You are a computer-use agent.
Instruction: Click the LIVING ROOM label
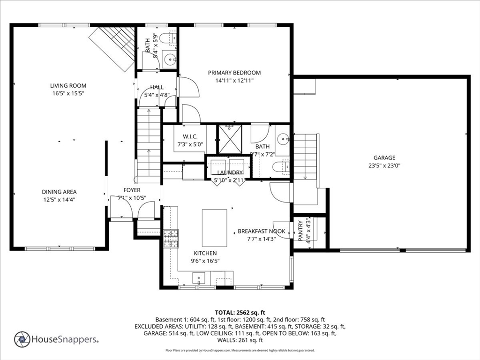(x=68, y=86)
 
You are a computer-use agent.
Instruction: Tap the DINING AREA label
(x=59, y=192)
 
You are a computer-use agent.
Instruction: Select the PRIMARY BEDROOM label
(x=234, y=73)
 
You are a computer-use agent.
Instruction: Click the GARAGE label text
(x=384, y=158)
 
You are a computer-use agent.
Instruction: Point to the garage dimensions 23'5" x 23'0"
(x=384, y=165)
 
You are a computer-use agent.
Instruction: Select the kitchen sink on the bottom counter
(x=200, y=278)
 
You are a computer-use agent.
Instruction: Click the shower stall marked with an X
(x=230, y=140)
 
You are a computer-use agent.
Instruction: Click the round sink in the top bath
(x=170, y=60)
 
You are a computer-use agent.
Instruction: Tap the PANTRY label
(x=300, y=231)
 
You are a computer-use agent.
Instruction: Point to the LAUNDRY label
(x=230, y=172)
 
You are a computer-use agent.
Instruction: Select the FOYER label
(x=132, y=190)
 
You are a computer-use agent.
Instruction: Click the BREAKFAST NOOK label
(x=261, y=231)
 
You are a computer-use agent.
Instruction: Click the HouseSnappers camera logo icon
(x=22, y=339)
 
